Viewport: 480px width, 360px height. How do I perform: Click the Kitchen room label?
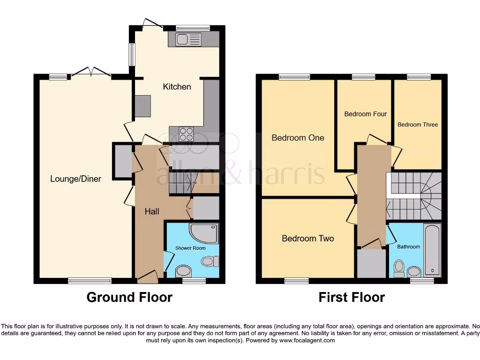177,87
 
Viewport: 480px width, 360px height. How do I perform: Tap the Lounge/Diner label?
75,179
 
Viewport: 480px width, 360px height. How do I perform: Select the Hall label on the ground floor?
151,211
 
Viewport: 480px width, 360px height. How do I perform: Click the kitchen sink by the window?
188,39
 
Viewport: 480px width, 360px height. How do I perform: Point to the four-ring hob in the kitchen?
186,134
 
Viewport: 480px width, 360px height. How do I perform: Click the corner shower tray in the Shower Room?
204,233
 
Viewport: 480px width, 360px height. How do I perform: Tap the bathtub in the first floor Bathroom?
432,250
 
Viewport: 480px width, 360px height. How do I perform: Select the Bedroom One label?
298,138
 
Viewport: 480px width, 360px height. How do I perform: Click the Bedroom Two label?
307,239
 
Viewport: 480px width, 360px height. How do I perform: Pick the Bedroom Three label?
417,125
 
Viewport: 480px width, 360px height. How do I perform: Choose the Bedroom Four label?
365,114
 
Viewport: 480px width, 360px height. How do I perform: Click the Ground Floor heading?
129,297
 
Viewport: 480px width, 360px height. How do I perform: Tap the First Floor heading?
352,297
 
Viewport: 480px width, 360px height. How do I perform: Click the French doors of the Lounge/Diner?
90,72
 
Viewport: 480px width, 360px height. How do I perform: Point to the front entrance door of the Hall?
147,277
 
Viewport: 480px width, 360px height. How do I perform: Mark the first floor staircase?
413,196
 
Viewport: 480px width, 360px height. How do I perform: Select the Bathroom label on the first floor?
409,247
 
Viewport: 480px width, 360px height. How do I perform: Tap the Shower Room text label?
190,248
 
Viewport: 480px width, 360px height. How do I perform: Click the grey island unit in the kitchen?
142,106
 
